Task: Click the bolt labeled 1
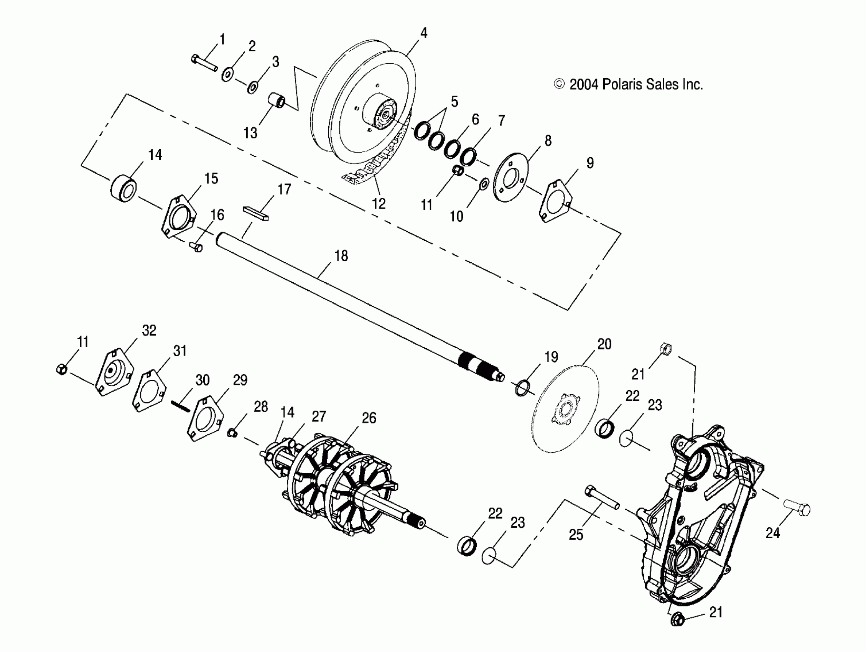(204, 63)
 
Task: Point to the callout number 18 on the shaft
(341, 256)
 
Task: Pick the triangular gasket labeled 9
(556, 201)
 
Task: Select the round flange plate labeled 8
(510, 178)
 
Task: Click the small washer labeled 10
(484, 183)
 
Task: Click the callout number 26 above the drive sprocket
(369, 418)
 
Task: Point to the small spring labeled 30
(180, 406)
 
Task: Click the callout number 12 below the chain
(378, 204)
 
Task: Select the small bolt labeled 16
(196, 247)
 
